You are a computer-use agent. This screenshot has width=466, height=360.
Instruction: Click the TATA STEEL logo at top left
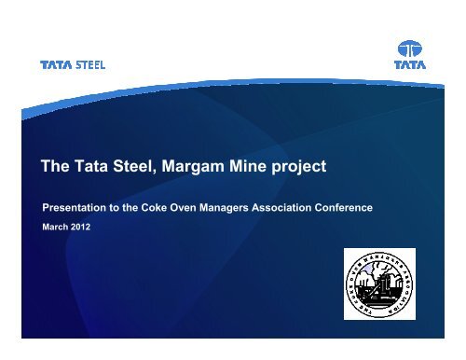coord(73,65)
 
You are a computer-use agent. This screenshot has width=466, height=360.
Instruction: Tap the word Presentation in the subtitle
coord(66,207)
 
